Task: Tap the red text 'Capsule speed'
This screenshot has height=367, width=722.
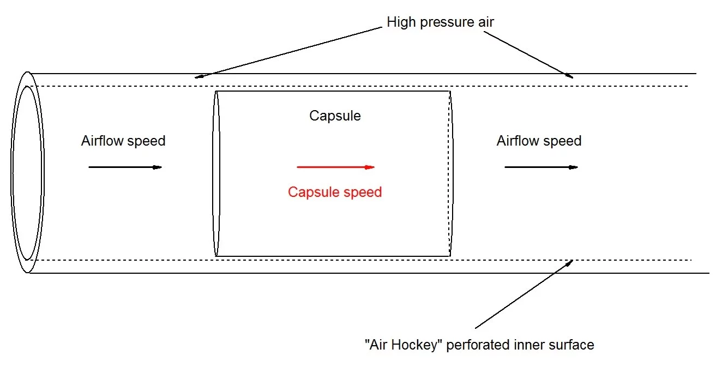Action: [x=335, y=192]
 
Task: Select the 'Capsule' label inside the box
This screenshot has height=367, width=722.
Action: [x=335, y=116]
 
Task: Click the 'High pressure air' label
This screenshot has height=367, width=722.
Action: [x=440, y=22]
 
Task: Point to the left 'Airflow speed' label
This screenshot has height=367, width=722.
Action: [x=123, y=141]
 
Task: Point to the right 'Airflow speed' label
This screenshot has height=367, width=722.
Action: [x=539, y=141]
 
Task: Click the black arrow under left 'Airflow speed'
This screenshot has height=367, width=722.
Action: [x=125, y=167]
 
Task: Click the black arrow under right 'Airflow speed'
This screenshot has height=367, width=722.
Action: [x=540, y=167]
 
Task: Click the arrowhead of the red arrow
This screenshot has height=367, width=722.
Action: [x=370, y=167]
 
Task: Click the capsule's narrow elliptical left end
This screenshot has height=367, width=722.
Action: [x=216, y=173]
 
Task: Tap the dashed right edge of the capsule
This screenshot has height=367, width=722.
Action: [x=451, y=173]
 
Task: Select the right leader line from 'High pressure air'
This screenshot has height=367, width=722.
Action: [x=528, y=54]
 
